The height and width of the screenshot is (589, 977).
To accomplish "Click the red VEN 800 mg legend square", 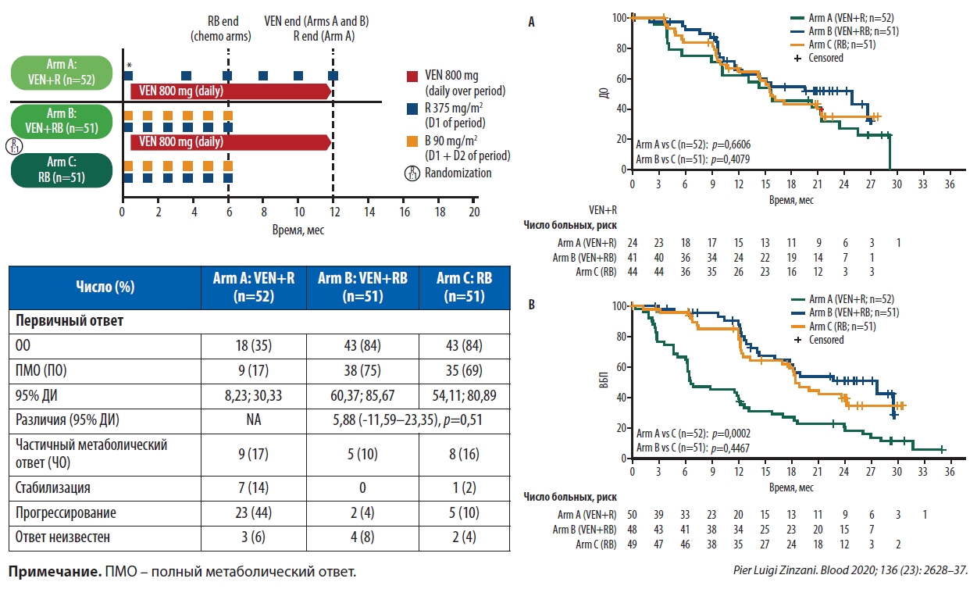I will [x=413, y=77].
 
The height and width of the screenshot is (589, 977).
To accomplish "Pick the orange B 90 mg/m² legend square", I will [x=413, y=141].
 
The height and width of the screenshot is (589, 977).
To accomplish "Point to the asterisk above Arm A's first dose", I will [x=129, y=66].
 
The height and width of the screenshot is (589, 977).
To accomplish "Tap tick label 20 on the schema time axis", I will [x=473, y=212].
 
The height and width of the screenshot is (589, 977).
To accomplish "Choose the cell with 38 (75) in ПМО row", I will [x=362, y=369].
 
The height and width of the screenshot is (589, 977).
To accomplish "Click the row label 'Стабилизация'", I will [x=54, y=487].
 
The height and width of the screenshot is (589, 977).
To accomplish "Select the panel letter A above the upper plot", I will [x=532, y=23].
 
